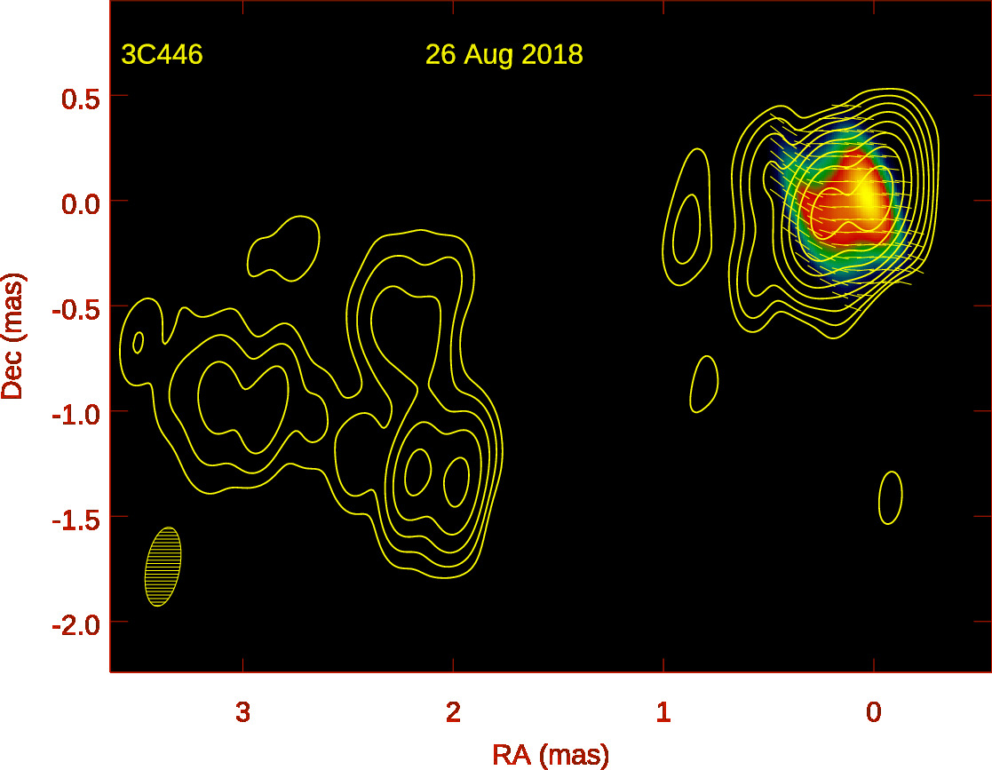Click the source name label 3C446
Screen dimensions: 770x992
163,55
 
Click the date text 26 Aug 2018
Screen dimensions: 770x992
504,55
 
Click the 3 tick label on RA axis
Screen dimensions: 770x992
242,711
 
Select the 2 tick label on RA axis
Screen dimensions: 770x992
453,711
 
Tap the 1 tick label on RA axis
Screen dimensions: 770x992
663,711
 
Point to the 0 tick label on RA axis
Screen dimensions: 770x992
874,711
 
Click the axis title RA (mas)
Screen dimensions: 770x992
551,755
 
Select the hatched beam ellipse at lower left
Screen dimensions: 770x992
163,567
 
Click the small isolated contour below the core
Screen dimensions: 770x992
891,497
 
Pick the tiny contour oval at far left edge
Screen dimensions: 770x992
138,342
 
